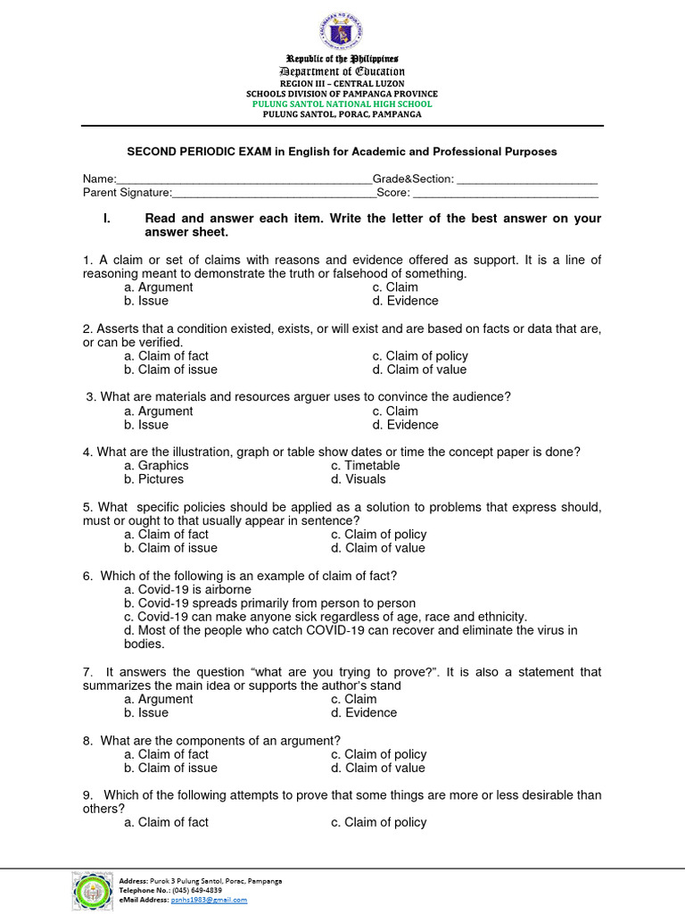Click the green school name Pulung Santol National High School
click(342, 104)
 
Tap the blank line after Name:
click(244, 180)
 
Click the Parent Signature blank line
click(274, 194)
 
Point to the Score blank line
click(505, 194)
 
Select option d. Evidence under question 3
click(405, 425)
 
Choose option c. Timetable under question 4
click(365, 465)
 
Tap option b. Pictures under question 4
click(154, 479)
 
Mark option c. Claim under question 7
click(353, 699)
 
